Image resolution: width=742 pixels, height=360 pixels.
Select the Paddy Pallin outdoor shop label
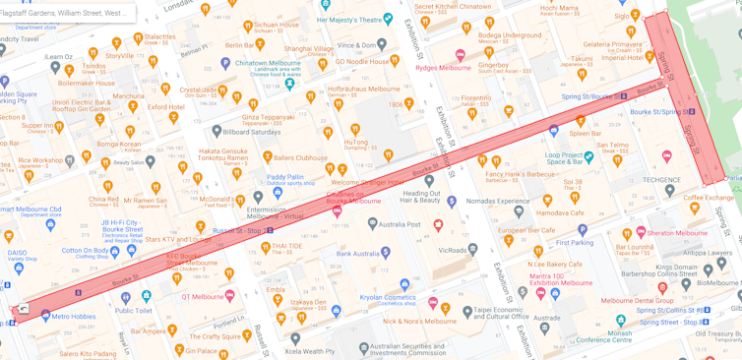(x=285, y=178)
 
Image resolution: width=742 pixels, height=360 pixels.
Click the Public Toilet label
(x=134, y=311)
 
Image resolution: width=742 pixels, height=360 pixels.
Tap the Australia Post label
(x=399, y=224)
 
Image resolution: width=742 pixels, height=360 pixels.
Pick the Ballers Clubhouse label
(x=299, y=157)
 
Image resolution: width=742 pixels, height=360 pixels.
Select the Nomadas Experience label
(x=497, y=201)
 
